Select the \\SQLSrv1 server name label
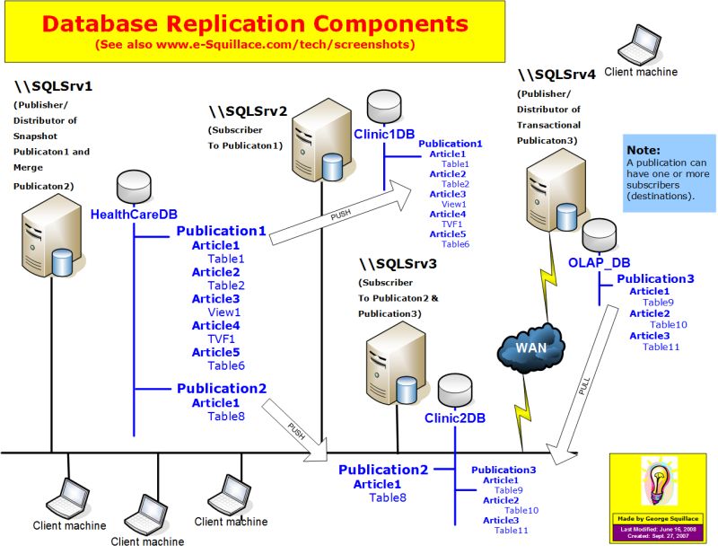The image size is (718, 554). click(x=54, y=87)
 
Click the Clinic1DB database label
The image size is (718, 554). click(x=384, y=134)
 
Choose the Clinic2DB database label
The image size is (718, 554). click(x=455, y=417)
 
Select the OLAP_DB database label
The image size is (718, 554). click(x=599, y=262)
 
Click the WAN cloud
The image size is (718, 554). click(x=530, y=346)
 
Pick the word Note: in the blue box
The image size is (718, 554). click(x=644, y=150)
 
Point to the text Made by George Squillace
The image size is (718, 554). click(x=660, y=518)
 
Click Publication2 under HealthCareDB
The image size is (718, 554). click(x=222, y=389)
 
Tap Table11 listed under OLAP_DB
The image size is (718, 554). click(x=661, y=347)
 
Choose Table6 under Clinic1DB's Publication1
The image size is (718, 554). click(x=455, y=243)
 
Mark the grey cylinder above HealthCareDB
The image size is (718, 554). click(x=134, y=187)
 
